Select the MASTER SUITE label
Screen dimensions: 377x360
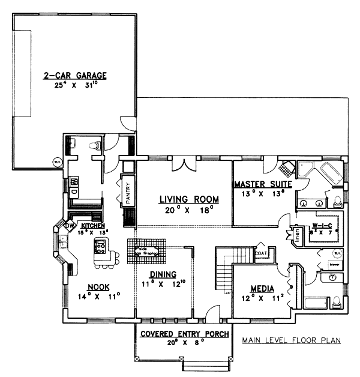(x=263, y=184)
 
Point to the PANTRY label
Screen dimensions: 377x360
(x=128, y=194)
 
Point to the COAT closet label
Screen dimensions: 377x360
(x=262, y=253)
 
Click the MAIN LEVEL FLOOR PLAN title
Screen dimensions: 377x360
(x=291, y=340)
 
